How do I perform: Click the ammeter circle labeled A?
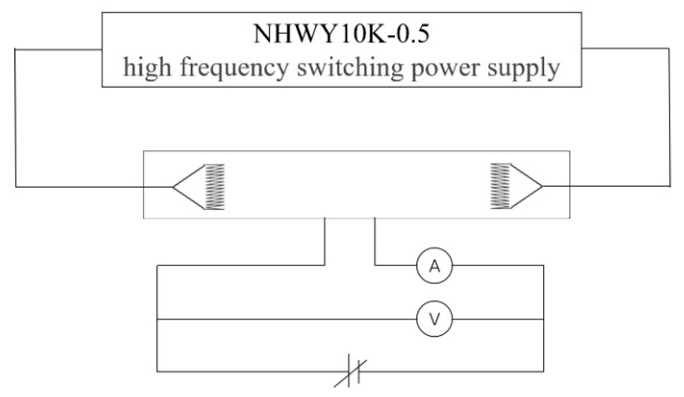[434, 265]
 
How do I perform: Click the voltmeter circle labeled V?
[434, 319]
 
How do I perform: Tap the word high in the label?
[147, 67]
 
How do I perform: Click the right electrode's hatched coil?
[500, 186]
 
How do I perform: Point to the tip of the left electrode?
[174, 187]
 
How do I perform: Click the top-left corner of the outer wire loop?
[16, 49]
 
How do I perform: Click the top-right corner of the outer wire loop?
[669, 49]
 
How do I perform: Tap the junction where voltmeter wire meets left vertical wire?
[157, 319]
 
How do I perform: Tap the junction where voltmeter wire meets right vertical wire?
[543, 319]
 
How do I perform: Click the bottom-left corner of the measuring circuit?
[157, 371]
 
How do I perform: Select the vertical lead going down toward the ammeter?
[375, 242]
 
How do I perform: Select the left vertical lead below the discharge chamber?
[325, 242]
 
